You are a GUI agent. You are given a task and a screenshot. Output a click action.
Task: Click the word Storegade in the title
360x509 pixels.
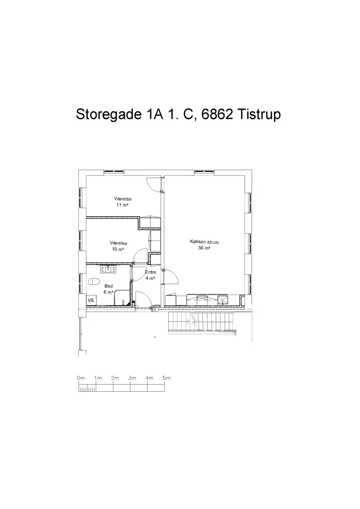107,114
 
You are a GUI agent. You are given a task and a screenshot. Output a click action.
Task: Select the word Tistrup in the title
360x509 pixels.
259,115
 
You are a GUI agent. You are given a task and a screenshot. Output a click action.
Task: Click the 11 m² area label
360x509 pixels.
122,205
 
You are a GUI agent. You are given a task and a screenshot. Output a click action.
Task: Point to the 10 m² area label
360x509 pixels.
118,249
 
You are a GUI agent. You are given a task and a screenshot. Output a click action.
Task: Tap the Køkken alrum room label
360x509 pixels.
204,242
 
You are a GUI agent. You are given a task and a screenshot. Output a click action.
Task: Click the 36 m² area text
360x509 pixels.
204,248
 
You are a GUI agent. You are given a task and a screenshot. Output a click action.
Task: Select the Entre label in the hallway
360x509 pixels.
150,272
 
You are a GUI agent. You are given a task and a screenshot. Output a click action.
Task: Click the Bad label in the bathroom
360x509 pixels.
108,286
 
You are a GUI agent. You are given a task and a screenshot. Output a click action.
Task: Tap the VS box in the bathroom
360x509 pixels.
91,300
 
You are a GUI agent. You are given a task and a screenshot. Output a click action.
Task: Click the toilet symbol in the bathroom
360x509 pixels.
94,281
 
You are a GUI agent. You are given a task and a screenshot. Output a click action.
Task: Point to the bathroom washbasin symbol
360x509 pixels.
108,269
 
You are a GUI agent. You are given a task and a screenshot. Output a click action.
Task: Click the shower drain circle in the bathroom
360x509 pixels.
123,301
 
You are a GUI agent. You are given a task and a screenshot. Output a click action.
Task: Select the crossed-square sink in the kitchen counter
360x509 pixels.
223,299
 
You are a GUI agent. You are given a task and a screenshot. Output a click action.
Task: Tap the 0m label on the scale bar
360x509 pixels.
81,378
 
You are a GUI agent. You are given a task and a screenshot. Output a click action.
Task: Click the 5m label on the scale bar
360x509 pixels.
166,378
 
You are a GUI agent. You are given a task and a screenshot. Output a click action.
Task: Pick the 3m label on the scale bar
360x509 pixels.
132,378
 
